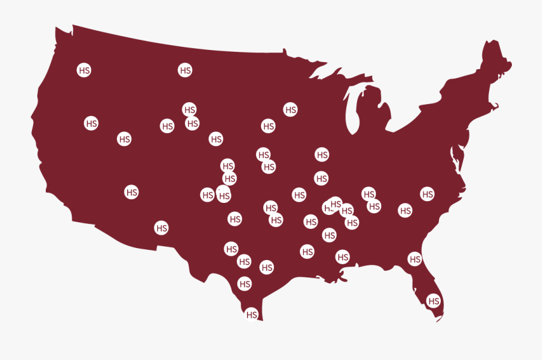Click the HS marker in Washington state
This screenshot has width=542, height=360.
[84, 70]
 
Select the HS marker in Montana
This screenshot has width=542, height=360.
[185, 70]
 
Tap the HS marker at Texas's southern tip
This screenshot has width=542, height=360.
[252, 314]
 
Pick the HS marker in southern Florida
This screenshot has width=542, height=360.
[433, 300]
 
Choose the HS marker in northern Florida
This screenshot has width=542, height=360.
[415, 259]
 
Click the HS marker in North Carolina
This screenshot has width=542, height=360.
[427, 194]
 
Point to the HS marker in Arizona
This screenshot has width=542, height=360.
[161, 228]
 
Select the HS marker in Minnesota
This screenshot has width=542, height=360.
[290, 110]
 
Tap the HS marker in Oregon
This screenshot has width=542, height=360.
[91, 123]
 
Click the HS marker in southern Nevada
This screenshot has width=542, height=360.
[131, 192]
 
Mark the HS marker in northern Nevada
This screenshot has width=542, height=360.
[124, 138]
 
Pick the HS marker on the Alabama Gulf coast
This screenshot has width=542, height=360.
[343, 256]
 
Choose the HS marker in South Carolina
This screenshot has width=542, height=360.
[405, 210]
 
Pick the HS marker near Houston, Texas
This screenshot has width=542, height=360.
[267, 267]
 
